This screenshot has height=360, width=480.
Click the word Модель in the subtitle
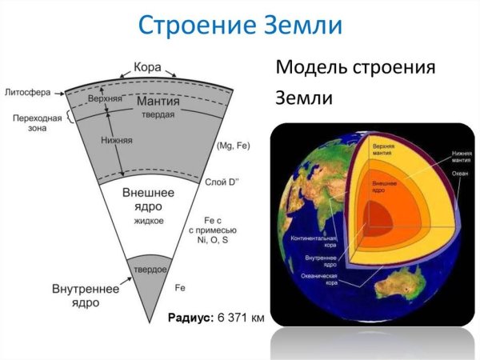[x=314, y=67]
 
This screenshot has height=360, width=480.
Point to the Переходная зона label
[x=34, y=122]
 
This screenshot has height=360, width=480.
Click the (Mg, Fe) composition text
[x=234, y=146]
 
